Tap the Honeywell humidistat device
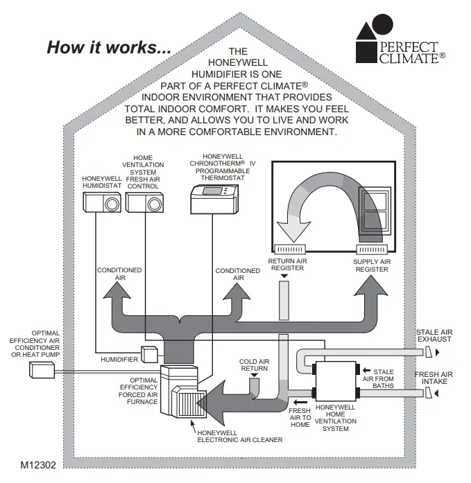(102, 202)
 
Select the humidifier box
(149, 353)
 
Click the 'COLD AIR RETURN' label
(253, 365)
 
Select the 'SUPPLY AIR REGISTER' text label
(372, 265)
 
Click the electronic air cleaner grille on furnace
(187, 401)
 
